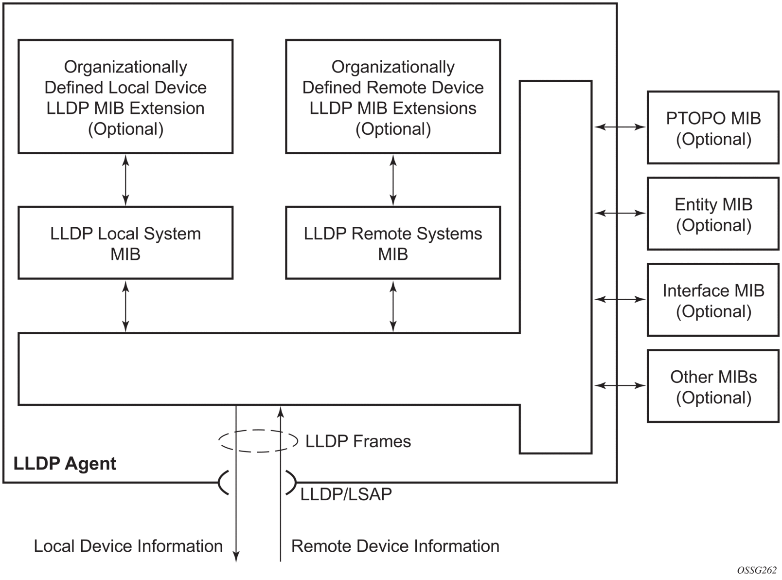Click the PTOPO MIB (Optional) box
click(x=713, y=128)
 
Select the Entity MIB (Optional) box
click(x=713, y=214)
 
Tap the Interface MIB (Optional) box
click(x=713, y=300)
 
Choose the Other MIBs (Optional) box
click(x=713, y=386)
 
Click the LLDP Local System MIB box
click(x=125, y=243)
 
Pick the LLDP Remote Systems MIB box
click(x=393, y=243)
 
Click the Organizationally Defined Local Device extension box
click(x=125, y=97)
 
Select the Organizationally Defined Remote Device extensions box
click(x=393, y=97)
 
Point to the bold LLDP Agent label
click(x=65, y=463)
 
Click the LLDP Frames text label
click(x=358, y=441)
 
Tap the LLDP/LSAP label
click(x=346, y=494)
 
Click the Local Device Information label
click(x=128, y=546)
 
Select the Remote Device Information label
click(x=395, y=546)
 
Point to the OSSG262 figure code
click(x=756, y=570)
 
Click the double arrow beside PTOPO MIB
click(x=620, y=127)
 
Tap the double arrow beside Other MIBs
click(x=620, y=385)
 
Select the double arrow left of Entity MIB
click(x=620, y=213)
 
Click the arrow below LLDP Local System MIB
click(x=125, y=306)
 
